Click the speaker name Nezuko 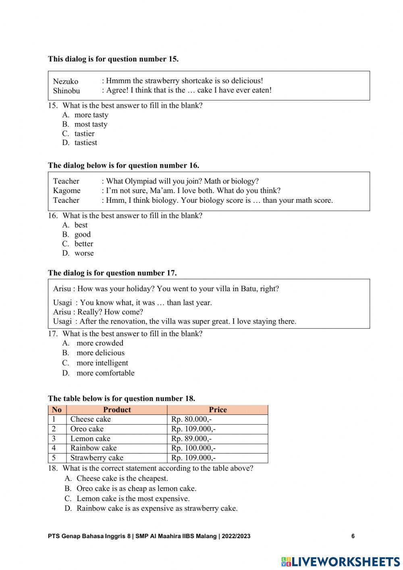pyautogui.click(x=66, y=81)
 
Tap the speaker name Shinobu pyautogui.click(x=66, y=91)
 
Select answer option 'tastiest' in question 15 pyautogui.click(x=85, y=143)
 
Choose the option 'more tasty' pyautogui.click(x=91, y=115)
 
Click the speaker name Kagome pyautogui.click(x=66, y=191)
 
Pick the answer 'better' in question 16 pyautogui.click(x=83, y=244)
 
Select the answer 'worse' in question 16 pyautogui.click(x=84, y=253)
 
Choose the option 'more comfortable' pyautogui.click(x=105, y=373)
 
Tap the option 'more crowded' pyautogui.click(x=100, y=343)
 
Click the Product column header pyautogui.click(x=117, y=410)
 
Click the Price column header pyautogui.click(x=218, y=410)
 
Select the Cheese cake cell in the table pyautogui.click(x=90, y=419)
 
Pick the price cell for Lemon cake pyautogui.click(x=191, y=439)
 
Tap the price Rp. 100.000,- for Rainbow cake pyautogui.click(x=193, y=448)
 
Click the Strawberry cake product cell pyautogui.click(x=97, y=458)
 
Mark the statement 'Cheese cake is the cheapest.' pyautogui.click(x=122, y=478)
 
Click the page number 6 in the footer pyautogui.click(x=353, y=536)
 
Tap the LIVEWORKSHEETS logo pyautogui.click(x=341, y=562)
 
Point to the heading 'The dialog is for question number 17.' pyautogui.click(x=112, y=273)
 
